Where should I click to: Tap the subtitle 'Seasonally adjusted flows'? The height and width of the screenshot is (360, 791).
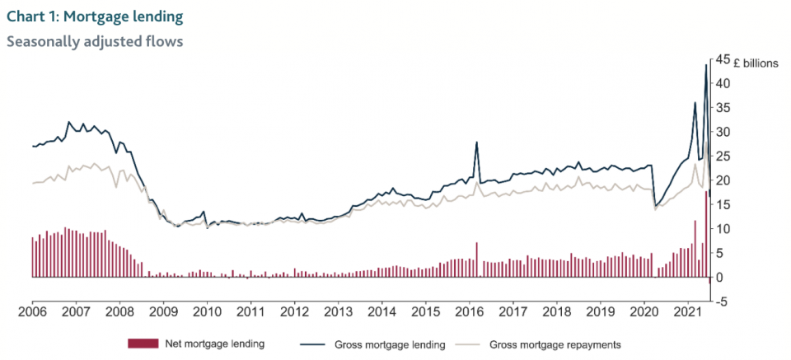[94, 40]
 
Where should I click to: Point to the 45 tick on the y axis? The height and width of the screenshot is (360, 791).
[723, 59]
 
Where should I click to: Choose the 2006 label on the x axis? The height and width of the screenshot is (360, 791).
[32, 314]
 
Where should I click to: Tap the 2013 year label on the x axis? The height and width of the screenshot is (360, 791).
[339, 314]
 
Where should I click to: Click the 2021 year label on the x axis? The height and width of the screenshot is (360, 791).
[689, 314]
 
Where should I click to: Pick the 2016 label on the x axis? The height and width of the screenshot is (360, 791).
[470, 314]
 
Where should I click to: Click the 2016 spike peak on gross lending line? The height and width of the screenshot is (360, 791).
[476, 143]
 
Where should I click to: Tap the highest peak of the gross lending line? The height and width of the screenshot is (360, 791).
[706, 65]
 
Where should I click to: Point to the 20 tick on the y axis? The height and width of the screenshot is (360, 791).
[723, 180]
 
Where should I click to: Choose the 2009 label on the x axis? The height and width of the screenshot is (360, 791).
[163, 314]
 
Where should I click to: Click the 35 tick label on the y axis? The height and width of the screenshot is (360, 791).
[723, 108]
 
